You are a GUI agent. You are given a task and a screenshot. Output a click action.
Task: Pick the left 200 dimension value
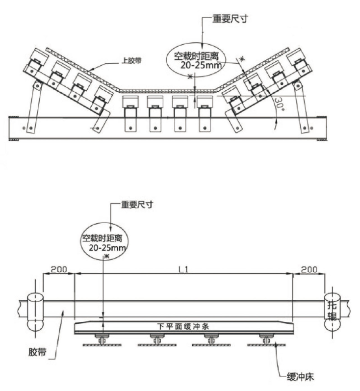tap(58, 270)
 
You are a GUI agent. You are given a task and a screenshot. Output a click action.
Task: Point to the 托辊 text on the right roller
tap(332, 310)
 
